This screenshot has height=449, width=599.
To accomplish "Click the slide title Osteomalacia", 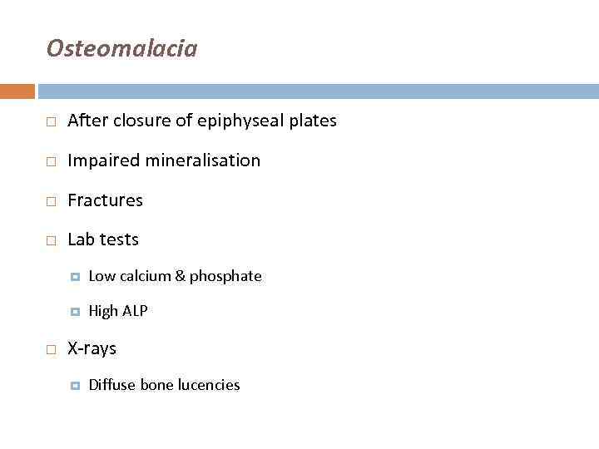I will click(x=121, y=48).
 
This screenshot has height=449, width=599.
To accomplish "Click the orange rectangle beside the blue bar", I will click(x=17, y=91).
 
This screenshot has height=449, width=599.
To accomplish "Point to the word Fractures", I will click(x=105, y=200).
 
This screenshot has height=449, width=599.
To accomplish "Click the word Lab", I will click(x=82, y=239).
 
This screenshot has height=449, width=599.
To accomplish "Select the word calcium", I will click(x=144, y=276).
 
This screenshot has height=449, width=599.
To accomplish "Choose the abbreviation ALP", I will click(x=135, y=311).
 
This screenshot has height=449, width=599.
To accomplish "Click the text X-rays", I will click(x=92, y=348).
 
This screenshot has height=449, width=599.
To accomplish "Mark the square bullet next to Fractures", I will click(x=51, y=201).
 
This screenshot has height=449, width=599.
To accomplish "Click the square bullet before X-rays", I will click(x=51, y=349).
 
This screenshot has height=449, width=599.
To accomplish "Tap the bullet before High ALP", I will click(x=74, y=312).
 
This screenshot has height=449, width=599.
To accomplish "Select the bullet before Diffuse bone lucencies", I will click(x=74, y=386).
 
